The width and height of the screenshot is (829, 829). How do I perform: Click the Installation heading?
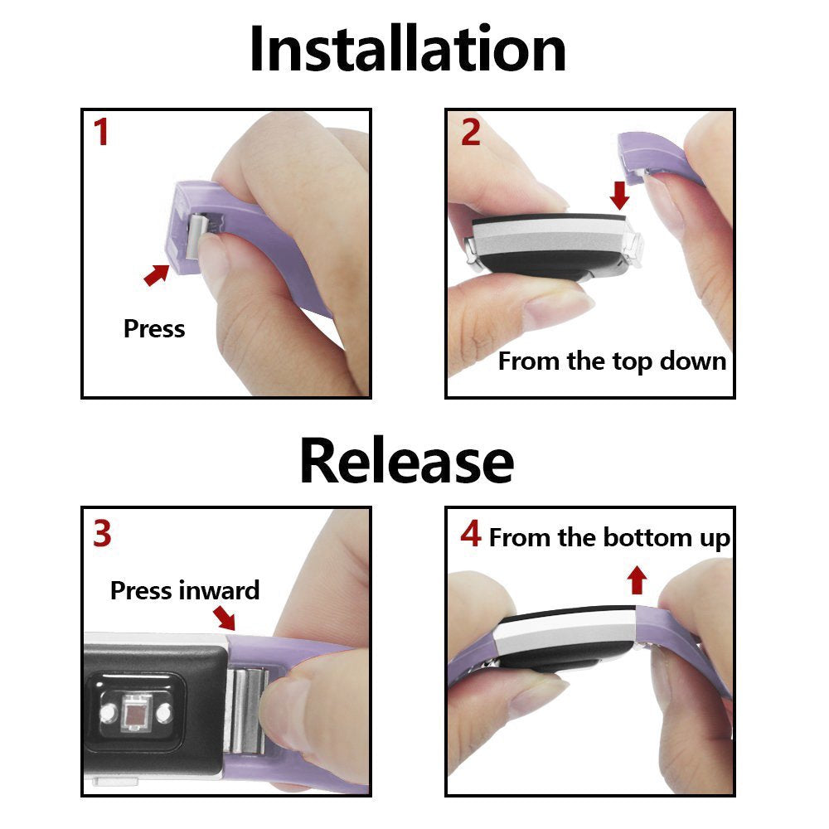tap(407, 50)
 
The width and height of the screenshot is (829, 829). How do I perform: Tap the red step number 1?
tap(101, 133)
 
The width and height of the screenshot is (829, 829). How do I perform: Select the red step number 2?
tap(470, 133)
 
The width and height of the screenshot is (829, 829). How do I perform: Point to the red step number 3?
tap(101, 535)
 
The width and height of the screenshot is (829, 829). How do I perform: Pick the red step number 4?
tap(470, 535)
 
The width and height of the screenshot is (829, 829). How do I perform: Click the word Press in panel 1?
tap(154, 328)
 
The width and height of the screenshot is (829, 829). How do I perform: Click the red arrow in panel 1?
tap(156, 274)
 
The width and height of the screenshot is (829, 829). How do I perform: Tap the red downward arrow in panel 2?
tap(618, 196)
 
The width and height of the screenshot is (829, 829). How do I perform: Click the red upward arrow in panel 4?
tap(637, 579)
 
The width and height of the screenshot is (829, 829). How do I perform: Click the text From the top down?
tap(612, 361)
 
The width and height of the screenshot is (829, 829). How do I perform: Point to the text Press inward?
tap(185, 590)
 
